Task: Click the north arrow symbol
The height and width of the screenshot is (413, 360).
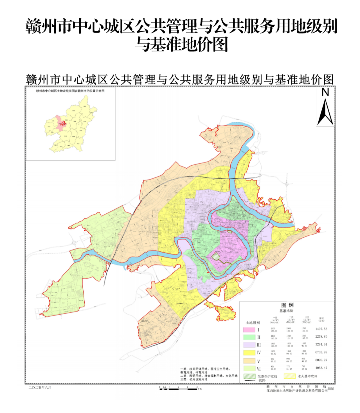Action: (x=325, y=112)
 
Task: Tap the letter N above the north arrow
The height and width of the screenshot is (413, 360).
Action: (x=325, y=92)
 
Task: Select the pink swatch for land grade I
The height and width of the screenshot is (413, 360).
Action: (x=249, y=330)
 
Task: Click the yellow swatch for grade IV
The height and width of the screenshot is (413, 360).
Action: (x=249, y=353)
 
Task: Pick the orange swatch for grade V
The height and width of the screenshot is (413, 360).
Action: (x=249, y=361)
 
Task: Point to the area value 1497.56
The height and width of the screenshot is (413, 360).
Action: (x=321, y=329)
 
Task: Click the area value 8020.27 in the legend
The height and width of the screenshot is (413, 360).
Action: (x=321, y=360)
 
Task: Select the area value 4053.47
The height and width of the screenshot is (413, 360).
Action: (x=321, y=368)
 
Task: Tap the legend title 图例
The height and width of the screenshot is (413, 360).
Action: (x=287, y=305)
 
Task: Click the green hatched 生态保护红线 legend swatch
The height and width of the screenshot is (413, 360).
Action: (x=249, y=376)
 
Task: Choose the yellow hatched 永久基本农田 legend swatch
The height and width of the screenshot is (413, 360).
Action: (x=290, y=376)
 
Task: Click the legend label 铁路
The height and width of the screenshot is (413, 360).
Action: (x=262, y=380)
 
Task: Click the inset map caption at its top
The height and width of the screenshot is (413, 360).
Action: (x=70, y=91)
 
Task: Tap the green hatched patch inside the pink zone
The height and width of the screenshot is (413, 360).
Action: (x=217, y=256)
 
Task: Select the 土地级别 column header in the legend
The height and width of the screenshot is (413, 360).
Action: (x=253, y=323)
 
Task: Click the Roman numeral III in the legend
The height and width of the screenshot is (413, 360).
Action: (x=259, y=345)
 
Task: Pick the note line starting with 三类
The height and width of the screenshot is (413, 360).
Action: (x=194, y=379)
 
